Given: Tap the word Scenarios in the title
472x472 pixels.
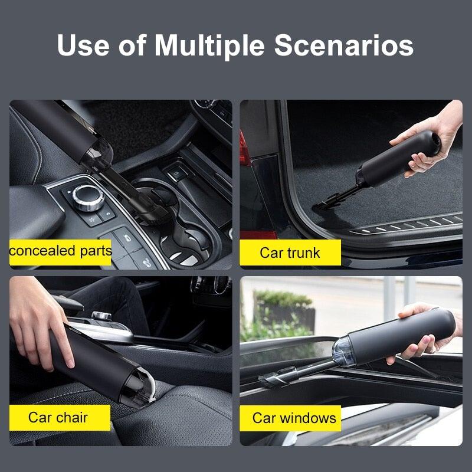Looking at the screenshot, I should click(x=344, y=46).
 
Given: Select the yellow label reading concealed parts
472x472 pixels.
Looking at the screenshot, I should click(x=60, y=251).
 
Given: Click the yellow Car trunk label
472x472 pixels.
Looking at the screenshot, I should click(x=290, y=253).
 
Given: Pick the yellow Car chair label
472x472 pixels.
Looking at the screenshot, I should click(x=59, y=418).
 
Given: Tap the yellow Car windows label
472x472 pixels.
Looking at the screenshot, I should click(x=293, y=418).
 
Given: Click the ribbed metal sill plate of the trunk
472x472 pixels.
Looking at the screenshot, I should click(x=407, y=224).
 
